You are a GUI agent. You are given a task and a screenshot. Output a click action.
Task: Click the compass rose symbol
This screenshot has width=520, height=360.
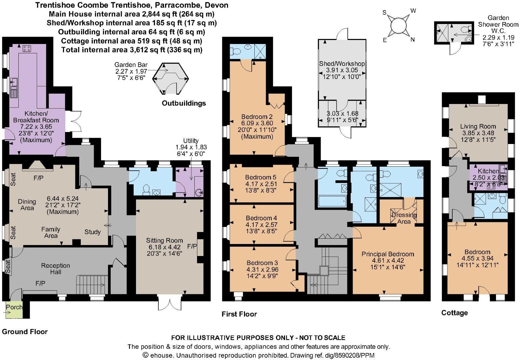399,26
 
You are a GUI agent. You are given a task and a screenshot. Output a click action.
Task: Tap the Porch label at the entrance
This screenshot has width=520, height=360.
14,307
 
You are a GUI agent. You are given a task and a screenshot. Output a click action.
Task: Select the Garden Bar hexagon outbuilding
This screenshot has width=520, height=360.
170,78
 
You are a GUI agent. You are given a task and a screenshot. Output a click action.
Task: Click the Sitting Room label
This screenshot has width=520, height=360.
164,240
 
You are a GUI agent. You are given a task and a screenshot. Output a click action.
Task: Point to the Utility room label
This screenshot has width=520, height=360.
191,141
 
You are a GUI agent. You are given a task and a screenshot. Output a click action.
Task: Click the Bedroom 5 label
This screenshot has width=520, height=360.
261,177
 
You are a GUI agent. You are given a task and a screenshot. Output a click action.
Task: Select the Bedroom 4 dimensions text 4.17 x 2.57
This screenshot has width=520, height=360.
261,225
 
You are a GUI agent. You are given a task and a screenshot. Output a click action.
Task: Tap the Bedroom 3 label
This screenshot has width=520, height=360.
262,263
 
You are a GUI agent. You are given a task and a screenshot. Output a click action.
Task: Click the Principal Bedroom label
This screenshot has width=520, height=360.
388,254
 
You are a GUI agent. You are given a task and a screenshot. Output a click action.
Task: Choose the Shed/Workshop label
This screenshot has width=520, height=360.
342,64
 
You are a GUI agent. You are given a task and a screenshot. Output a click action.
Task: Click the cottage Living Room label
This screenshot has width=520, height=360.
478,126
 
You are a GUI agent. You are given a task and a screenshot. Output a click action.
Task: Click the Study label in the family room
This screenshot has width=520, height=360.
92,232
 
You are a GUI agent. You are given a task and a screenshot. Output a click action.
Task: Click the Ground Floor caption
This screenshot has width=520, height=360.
25,332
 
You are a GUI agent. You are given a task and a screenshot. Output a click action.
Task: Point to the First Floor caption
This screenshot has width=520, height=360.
239,314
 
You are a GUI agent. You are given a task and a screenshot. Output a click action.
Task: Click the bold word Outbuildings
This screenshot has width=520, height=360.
184,103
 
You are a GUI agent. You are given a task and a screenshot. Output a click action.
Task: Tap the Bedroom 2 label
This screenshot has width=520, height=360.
257,117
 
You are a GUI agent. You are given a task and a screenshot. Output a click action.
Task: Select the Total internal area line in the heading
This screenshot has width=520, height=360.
132,50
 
